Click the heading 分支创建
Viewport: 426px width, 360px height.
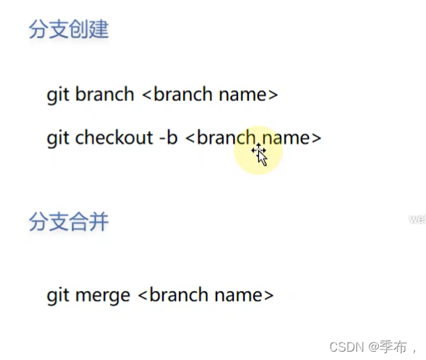coord(68,30)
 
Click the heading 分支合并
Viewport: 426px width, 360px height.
coord(68,222)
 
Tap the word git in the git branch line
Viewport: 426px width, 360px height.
coord(57,95)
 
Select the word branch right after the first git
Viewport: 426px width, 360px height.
coord(104,94)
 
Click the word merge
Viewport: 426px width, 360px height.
coord(101,295)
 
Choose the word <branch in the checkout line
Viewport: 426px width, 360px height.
coord(220,137)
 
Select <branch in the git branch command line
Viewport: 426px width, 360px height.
coord(177,94)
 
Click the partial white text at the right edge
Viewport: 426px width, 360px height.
coord(417,219)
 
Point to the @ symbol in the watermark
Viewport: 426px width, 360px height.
coord(373,346)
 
